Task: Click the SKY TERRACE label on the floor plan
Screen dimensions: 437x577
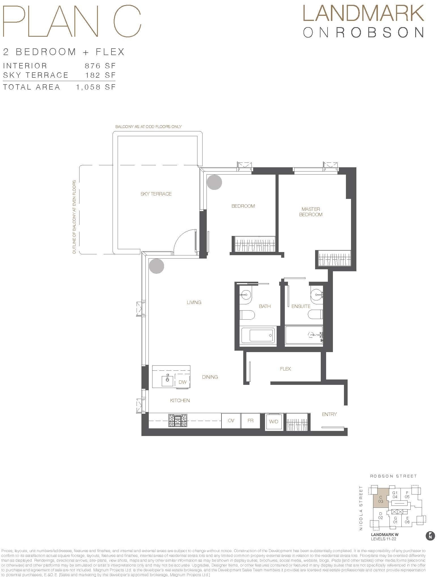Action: coord(156,194)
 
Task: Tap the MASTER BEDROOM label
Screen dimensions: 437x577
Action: coord(311,212)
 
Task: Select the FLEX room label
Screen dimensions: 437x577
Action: coord(285,369)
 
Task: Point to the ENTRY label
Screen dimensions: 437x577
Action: coord(329,414)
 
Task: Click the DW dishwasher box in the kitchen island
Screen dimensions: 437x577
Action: coord(182,382)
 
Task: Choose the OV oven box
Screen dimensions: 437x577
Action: coord(231,421)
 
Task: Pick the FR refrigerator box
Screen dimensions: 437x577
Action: coord(250,421)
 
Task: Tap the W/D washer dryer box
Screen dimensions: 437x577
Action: coord(274,422)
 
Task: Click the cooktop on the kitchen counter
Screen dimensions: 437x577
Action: coord(178,420)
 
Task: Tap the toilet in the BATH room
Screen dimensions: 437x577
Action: coord(247,315)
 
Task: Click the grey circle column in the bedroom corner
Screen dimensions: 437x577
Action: coord(214,182)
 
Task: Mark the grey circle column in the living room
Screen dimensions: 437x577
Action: coord(156,266)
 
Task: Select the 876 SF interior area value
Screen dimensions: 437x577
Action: coord(100,66)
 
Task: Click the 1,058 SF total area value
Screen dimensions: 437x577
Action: coord(96,87)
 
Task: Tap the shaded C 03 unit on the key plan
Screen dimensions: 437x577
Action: coord(380,499)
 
